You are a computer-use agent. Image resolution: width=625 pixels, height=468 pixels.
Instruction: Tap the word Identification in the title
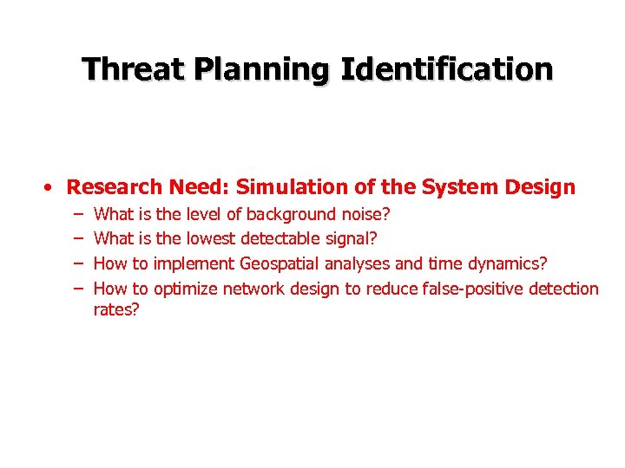[x=446, y=68]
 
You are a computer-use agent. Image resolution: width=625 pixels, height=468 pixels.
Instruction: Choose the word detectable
[x=282, y=238]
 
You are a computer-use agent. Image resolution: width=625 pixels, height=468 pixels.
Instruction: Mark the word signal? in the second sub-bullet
[x=355, y=238]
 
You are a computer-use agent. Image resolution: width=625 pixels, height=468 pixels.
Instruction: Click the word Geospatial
[x=280, y=263]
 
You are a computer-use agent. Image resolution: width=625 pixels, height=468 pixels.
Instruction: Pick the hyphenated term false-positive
[x=474, y=289]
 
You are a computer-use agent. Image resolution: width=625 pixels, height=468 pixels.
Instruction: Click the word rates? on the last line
[x=116, y=310]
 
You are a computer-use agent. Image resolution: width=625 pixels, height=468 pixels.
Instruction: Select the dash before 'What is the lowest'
[x=77, y=238]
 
